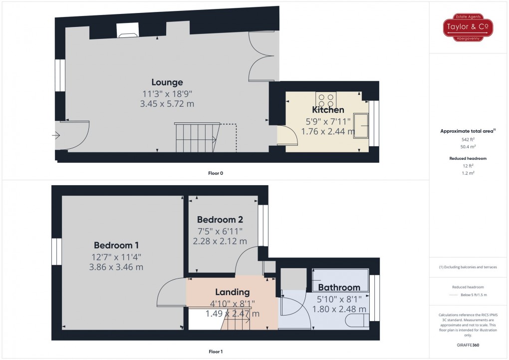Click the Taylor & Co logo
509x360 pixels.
pos(468,28)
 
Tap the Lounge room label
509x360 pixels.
pos(167,82)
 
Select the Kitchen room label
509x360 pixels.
pos(328,110)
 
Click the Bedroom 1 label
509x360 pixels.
pos(116,245)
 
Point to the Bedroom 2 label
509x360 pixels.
pos(220,220)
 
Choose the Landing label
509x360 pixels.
pos(232,292)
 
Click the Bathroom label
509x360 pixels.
pos(339,288)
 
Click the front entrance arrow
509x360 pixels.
pos(55,135)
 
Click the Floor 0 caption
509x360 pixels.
pos(216,173)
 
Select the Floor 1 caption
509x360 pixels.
pos(216,352)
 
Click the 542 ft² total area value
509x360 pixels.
pos(468,140)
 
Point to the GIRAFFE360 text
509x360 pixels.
pos(468,345)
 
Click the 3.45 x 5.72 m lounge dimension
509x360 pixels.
pos(167,104)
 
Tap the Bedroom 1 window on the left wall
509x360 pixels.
pos(57,252)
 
